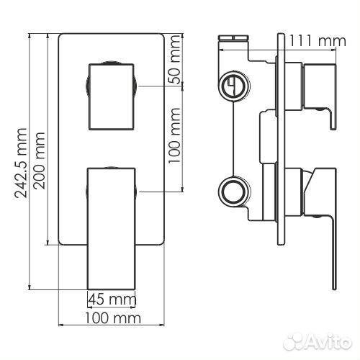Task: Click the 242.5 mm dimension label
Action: [20, 163]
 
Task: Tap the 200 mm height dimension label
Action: [39, 161]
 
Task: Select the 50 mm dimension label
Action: [174, 60]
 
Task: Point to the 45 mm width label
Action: [112, 300]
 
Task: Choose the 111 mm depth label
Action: [317, 41]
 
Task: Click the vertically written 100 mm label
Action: [174, 136]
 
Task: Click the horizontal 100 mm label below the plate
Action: [113, 318]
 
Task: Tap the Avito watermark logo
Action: [318, 341]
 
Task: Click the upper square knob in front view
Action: [111, 96]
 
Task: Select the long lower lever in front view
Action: [112, 228]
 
